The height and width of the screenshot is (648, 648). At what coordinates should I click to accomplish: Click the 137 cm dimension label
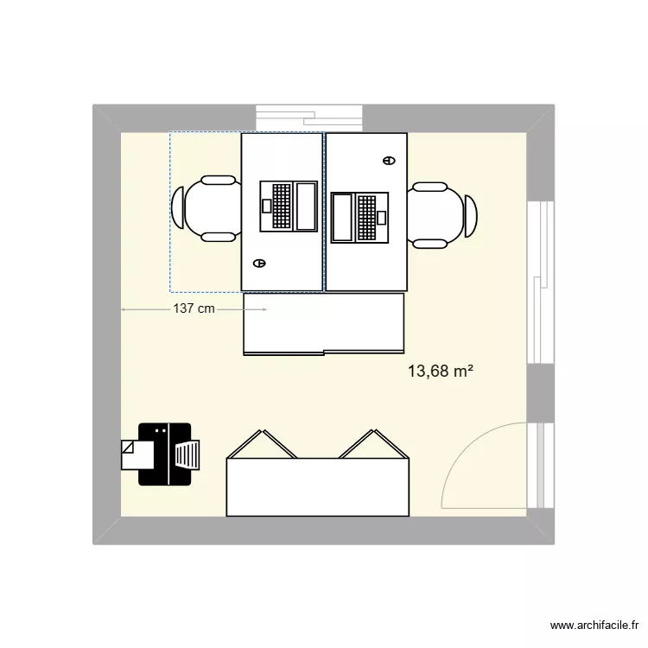click(194, 308)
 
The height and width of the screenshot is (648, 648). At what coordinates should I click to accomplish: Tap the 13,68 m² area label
click(440, 372)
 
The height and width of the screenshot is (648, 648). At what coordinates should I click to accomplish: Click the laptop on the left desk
click(289, 206)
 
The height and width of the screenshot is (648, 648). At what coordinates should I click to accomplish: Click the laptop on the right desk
click(359, 216)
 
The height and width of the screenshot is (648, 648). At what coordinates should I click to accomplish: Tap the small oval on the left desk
click(258, 263)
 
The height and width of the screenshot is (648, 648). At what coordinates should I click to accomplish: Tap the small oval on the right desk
click(387, 160)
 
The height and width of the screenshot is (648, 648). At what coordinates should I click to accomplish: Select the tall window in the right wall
click(540, 283)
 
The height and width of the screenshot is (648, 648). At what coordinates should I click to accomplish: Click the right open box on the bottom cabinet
click(372, 445)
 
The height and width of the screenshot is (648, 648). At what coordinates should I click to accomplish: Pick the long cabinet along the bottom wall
click(316, 488)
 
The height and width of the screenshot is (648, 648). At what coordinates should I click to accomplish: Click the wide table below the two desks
click(324, 324)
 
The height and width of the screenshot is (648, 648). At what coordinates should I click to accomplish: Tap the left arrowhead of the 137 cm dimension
click(124, 308)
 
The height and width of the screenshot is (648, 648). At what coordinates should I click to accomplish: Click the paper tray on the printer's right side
click(187, 454)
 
